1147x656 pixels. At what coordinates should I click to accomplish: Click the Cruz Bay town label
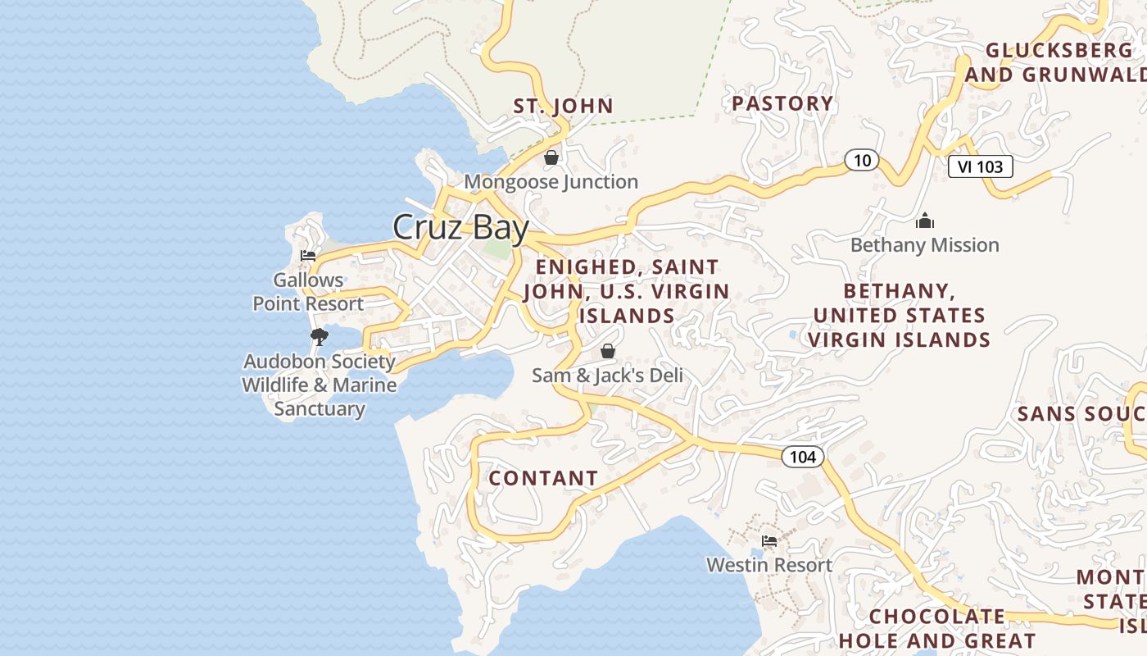pyautogui.click(x=460, y=227)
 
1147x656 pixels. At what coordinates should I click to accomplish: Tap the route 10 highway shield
pyautogui.click(x=862, y=161)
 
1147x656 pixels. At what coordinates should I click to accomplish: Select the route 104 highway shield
pyautogui.click(x=802, y=457)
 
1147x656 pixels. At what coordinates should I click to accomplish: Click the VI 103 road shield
pyautogui.click(x=980, y=166)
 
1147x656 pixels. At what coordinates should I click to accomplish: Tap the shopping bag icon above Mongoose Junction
pyautogui.click(x=551, y=157)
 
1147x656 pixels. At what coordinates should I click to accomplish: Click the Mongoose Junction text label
pyautogui.click(x=551, y=182)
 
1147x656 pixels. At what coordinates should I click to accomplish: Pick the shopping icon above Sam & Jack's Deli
pyautogui.click(x=608, y=351)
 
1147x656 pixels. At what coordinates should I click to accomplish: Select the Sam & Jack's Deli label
pyautogui.click(x=607, y=376)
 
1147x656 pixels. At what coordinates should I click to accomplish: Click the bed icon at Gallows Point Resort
pyautogui.click(x=308, y=256)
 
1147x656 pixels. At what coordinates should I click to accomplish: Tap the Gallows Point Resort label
pyautogui.click(x=308, y=292)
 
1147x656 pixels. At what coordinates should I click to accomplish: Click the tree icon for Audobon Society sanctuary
pyautogui.click(x=320, y=336)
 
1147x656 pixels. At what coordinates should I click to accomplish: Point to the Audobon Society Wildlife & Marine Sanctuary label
pyautogui.click(x=320, y=385)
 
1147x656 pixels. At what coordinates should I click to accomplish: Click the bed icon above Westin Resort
pyautogui.click(x=768, y=541)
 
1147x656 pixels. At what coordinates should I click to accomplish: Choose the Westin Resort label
pyautogui.click(x=769, y=565)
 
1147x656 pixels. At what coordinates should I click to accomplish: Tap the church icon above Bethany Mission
pyautogui.click(x=925, y=221)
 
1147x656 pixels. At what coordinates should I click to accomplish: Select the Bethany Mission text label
pyautogui.click(x=924, y=245)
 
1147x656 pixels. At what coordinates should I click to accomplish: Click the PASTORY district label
pyautogui.click(x=782, y=103)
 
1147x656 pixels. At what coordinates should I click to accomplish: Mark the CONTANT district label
pyautogui.click(x=543, y=478)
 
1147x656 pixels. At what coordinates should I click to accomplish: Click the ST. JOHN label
pyautogui.click(x=563, y=106)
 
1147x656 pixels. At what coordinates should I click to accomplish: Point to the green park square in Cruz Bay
pyautogui.click(x=496, y=248)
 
